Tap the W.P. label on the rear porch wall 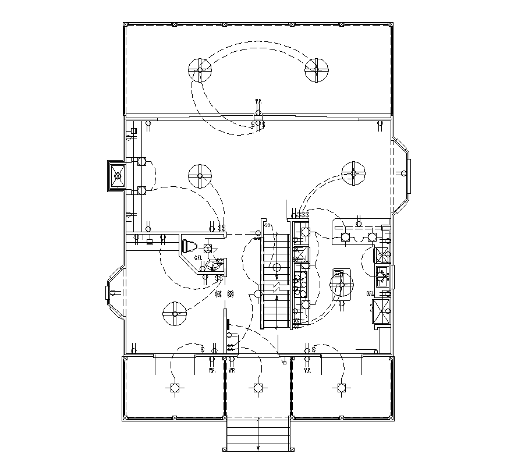(x=258, y=102)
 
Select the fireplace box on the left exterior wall (x=117, y=175)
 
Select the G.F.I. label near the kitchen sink (x=370, y=293)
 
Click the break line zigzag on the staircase (x=275, y=288)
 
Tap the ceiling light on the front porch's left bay (x=173, y=388)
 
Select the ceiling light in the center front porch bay (x=257, y=388)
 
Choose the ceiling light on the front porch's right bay (x=341, y=388)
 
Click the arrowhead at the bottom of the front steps (x=258, y=447)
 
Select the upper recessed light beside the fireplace (x=141, y=163)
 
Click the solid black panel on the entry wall (x=228, y=322)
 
